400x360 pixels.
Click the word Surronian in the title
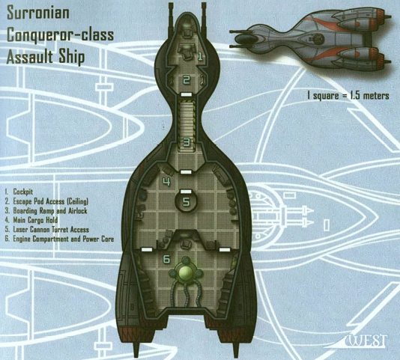pyautogui.click(x=38, y=13)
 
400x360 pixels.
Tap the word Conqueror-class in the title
pyautogui.click(x=60, y=34)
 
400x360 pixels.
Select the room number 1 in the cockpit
pyautogui.click(x=200, y=56)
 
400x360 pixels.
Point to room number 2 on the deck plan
pyautogui.click(x=187, y=80)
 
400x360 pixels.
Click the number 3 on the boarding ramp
pyautogui.click(x=187, y=142)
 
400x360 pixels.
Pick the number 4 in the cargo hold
pyautogui.click(x=166, y=182)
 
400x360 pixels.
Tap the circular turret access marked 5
pyautogui.click(x=186, y=201)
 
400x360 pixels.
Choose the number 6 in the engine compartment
pyautogui.click(x=166, y=259)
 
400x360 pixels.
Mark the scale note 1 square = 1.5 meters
pyautogui.click(x=348, y=96)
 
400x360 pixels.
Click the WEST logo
pyautogui.click(x=367, y=341)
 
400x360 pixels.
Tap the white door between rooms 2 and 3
pyautogui.click(x=187, y=94)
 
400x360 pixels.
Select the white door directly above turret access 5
pyautogui.click(x=187, y=192)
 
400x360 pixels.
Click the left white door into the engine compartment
pyautogui.click(x=147, y=249)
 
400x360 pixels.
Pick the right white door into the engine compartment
pyautogui.click(x=225, y=249)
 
